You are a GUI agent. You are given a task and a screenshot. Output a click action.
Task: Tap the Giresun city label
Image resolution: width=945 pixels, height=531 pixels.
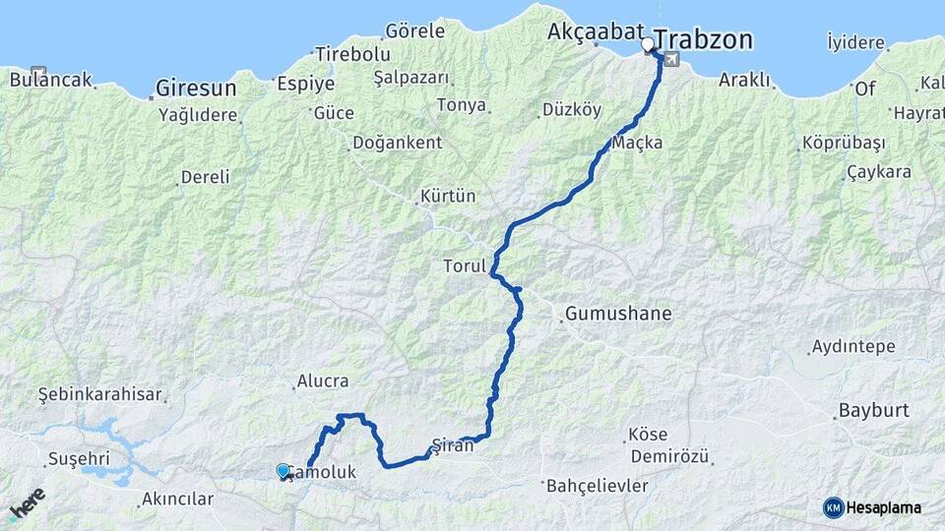pyautogui.click(x=196, y=88)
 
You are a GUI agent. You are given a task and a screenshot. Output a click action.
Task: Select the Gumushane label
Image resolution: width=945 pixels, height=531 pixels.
pyautogui.click(x=618, y=315)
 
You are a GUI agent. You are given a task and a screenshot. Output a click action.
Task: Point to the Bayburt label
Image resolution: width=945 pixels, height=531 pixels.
pyautogui.click(x=873, y=410)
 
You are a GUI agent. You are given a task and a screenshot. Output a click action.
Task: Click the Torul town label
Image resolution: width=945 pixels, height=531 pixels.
pyautogui.click(x=465, y=266)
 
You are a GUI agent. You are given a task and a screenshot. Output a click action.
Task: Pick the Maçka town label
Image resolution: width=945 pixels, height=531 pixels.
pyautogui.click(x=637, y=144)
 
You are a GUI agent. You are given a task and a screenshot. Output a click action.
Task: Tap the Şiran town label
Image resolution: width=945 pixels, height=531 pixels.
pyautogui.click(x=453, y=445)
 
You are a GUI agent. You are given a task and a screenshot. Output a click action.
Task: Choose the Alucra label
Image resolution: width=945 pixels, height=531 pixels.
pyautogui.click(x=322, y=382)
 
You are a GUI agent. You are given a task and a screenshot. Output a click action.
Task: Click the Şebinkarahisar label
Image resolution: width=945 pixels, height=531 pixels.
pyautogui.click(x=99, y=394)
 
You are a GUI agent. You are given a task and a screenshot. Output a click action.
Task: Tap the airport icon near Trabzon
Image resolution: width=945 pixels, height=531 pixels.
pyautogui.click(x=671, y=59)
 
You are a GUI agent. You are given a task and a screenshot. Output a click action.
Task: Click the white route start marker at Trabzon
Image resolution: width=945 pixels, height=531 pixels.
pyautogui.click(x=648, y=44)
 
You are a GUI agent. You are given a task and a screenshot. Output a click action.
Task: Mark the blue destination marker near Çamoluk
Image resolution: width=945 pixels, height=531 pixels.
pyautogui.click(x=283, y=471)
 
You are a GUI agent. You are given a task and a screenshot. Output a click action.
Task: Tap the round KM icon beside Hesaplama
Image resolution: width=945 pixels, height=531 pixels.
pyautogui.click(x=833, y=507)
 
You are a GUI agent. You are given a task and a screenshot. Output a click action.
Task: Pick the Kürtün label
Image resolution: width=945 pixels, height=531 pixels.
pyautogui.click(x=448, y=196)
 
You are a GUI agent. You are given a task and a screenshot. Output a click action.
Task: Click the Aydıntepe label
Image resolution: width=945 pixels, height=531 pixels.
pyautogui.click(x=851, y=347)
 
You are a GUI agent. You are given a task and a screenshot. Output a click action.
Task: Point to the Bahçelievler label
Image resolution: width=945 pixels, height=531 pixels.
pyautogui.click(x=597, y=486)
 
